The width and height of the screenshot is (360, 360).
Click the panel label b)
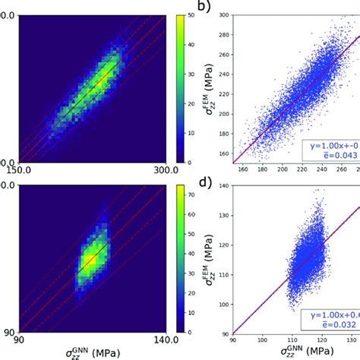click(x=203, y=8)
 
